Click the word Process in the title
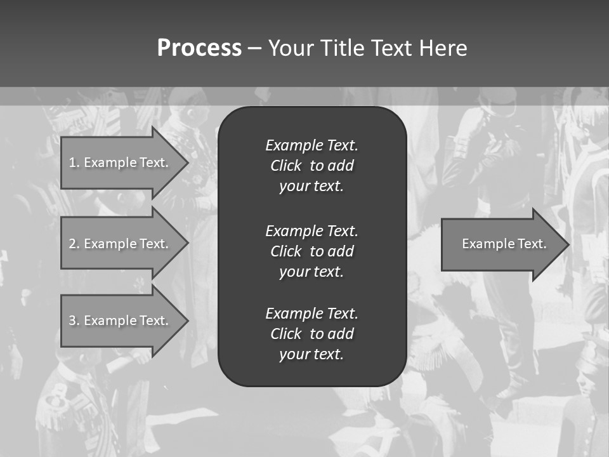(x=199, y=48)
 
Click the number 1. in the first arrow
(x=74, y=162)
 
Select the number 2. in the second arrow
(x=74, y=244)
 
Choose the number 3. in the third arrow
(x=74, y=321)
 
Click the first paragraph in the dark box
(x=311, y=166)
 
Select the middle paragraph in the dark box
(x=311, y=251)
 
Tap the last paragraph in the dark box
(x=311, y=334)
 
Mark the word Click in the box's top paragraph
(x=286, y=166)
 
